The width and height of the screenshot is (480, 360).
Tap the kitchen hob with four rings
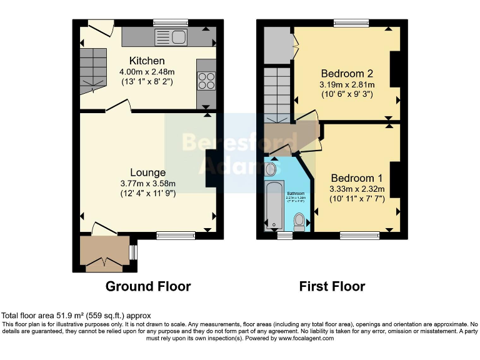tap(206, 81)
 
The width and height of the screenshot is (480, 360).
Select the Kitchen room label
tap(147, 61)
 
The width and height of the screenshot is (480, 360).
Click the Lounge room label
tap(148, 172)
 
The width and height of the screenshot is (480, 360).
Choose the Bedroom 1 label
tap(357, 177)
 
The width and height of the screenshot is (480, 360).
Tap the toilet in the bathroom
tap(300, 221)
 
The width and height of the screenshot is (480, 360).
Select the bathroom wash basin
tap(271, 169)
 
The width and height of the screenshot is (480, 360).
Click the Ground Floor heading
tap(148, 286)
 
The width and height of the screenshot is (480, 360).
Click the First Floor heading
tap(332, 286)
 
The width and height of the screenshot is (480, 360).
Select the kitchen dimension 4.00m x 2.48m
tap(147, 71)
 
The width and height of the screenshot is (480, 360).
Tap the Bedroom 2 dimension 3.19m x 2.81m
tap(347, 85)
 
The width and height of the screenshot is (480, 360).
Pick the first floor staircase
tap(276, 94)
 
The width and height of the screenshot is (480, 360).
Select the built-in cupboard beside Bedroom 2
tap(277, 44)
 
